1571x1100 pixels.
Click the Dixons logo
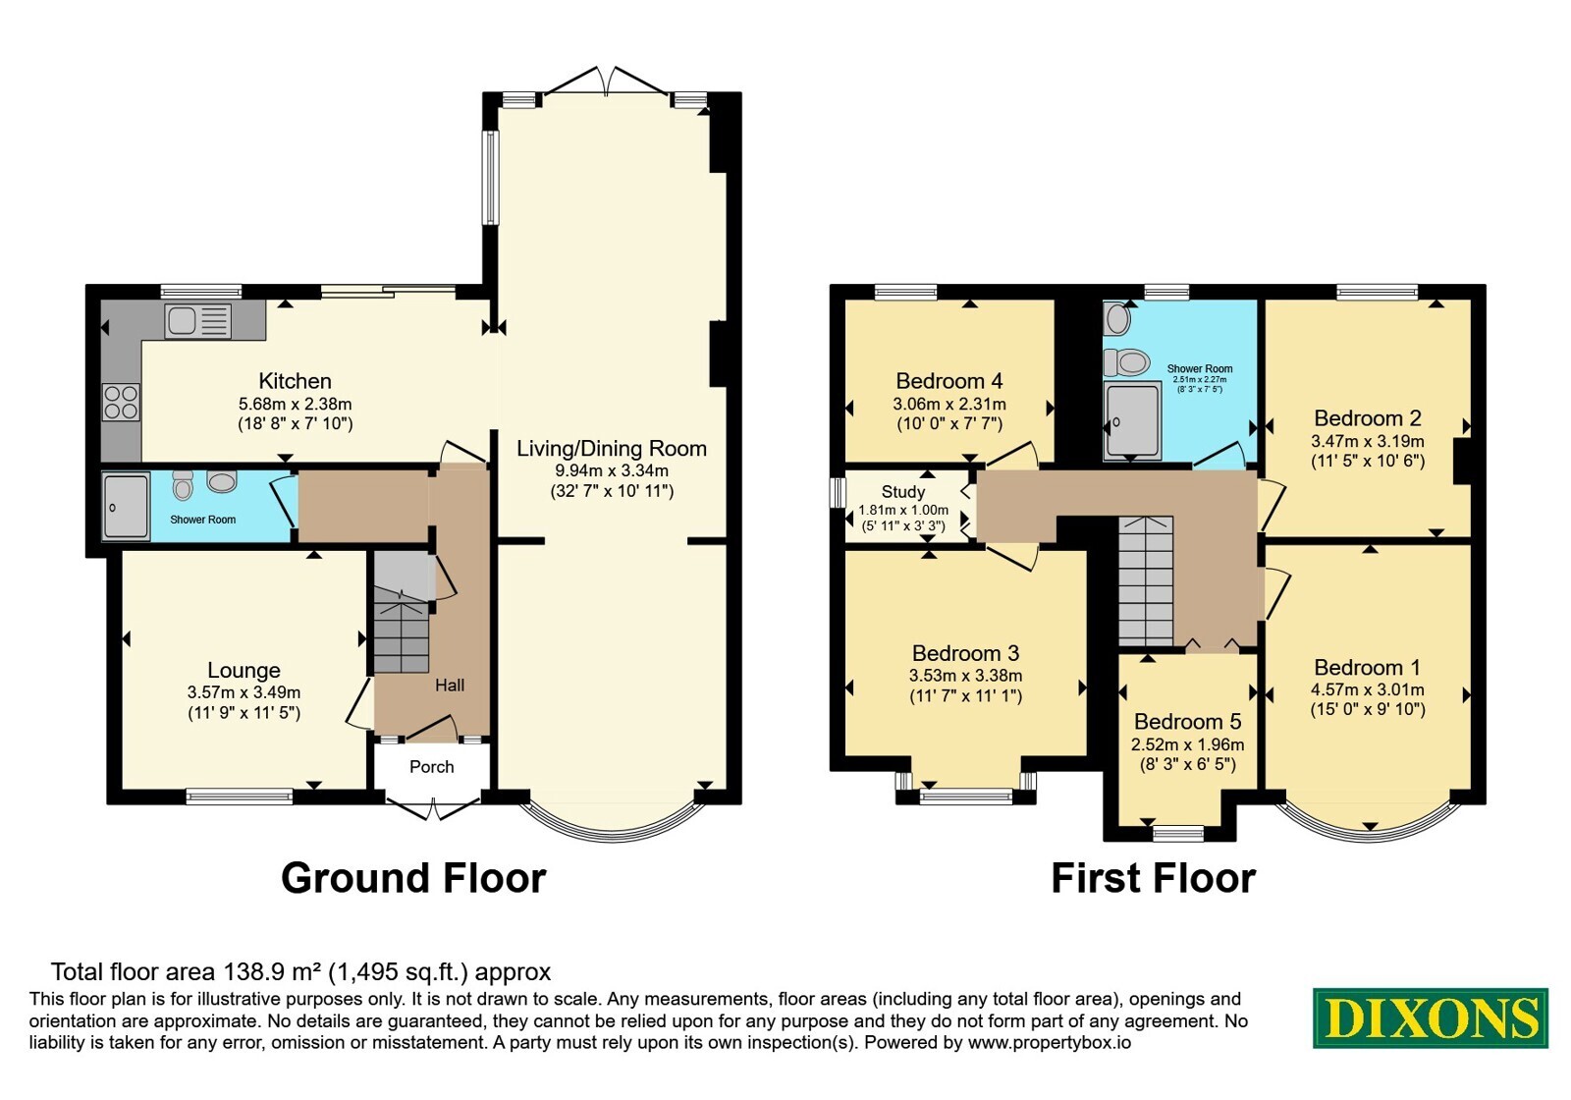click(1430, 1017)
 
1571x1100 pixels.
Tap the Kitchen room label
click(295, 381)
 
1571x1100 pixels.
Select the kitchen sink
click(197, 321)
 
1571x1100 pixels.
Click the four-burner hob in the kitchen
click(121, 402)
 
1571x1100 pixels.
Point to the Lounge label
click(244, 670)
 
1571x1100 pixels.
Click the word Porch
click(431, 767)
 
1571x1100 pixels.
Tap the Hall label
click(450, 685)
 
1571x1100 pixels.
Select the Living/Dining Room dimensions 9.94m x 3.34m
click(612, 470)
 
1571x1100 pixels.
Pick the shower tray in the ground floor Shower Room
click(127, 507)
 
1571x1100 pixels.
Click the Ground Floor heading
click(413, 878)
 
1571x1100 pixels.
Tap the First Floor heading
click(1153, 878)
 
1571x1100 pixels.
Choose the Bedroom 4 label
click(948, 381)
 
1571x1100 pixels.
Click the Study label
click(903, 492)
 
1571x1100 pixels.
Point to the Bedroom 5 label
click(1187, 721)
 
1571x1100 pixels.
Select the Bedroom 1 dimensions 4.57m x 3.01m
click(1368, 688)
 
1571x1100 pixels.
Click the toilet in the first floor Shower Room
click(1126, 362)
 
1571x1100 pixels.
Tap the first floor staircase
click(1145, 580)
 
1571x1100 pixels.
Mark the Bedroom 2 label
click(1368, 418)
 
